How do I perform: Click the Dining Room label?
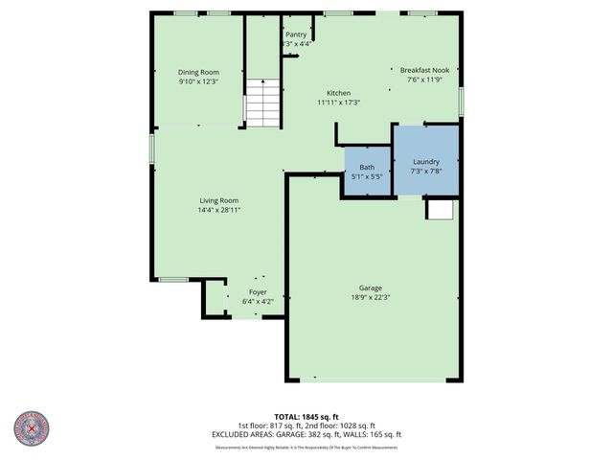[198, 72]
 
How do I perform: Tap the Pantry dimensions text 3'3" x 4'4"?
[296, 43]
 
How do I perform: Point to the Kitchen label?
[338, 93]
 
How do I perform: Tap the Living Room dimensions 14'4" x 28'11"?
[218, 209]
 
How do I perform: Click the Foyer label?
[258, 291]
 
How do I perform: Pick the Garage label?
[371, 287]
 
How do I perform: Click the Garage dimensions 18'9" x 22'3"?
[371, 297]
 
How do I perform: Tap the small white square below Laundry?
[440, 209]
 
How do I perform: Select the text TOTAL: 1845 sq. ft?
[306, 417]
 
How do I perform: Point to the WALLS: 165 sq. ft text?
[375, 434]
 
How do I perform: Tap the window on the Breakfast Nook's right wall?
[461, 100]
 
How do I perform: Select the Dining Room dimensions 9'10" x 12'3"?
[198, 81]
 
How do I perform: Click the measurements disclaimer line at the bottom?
[306, 447]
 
